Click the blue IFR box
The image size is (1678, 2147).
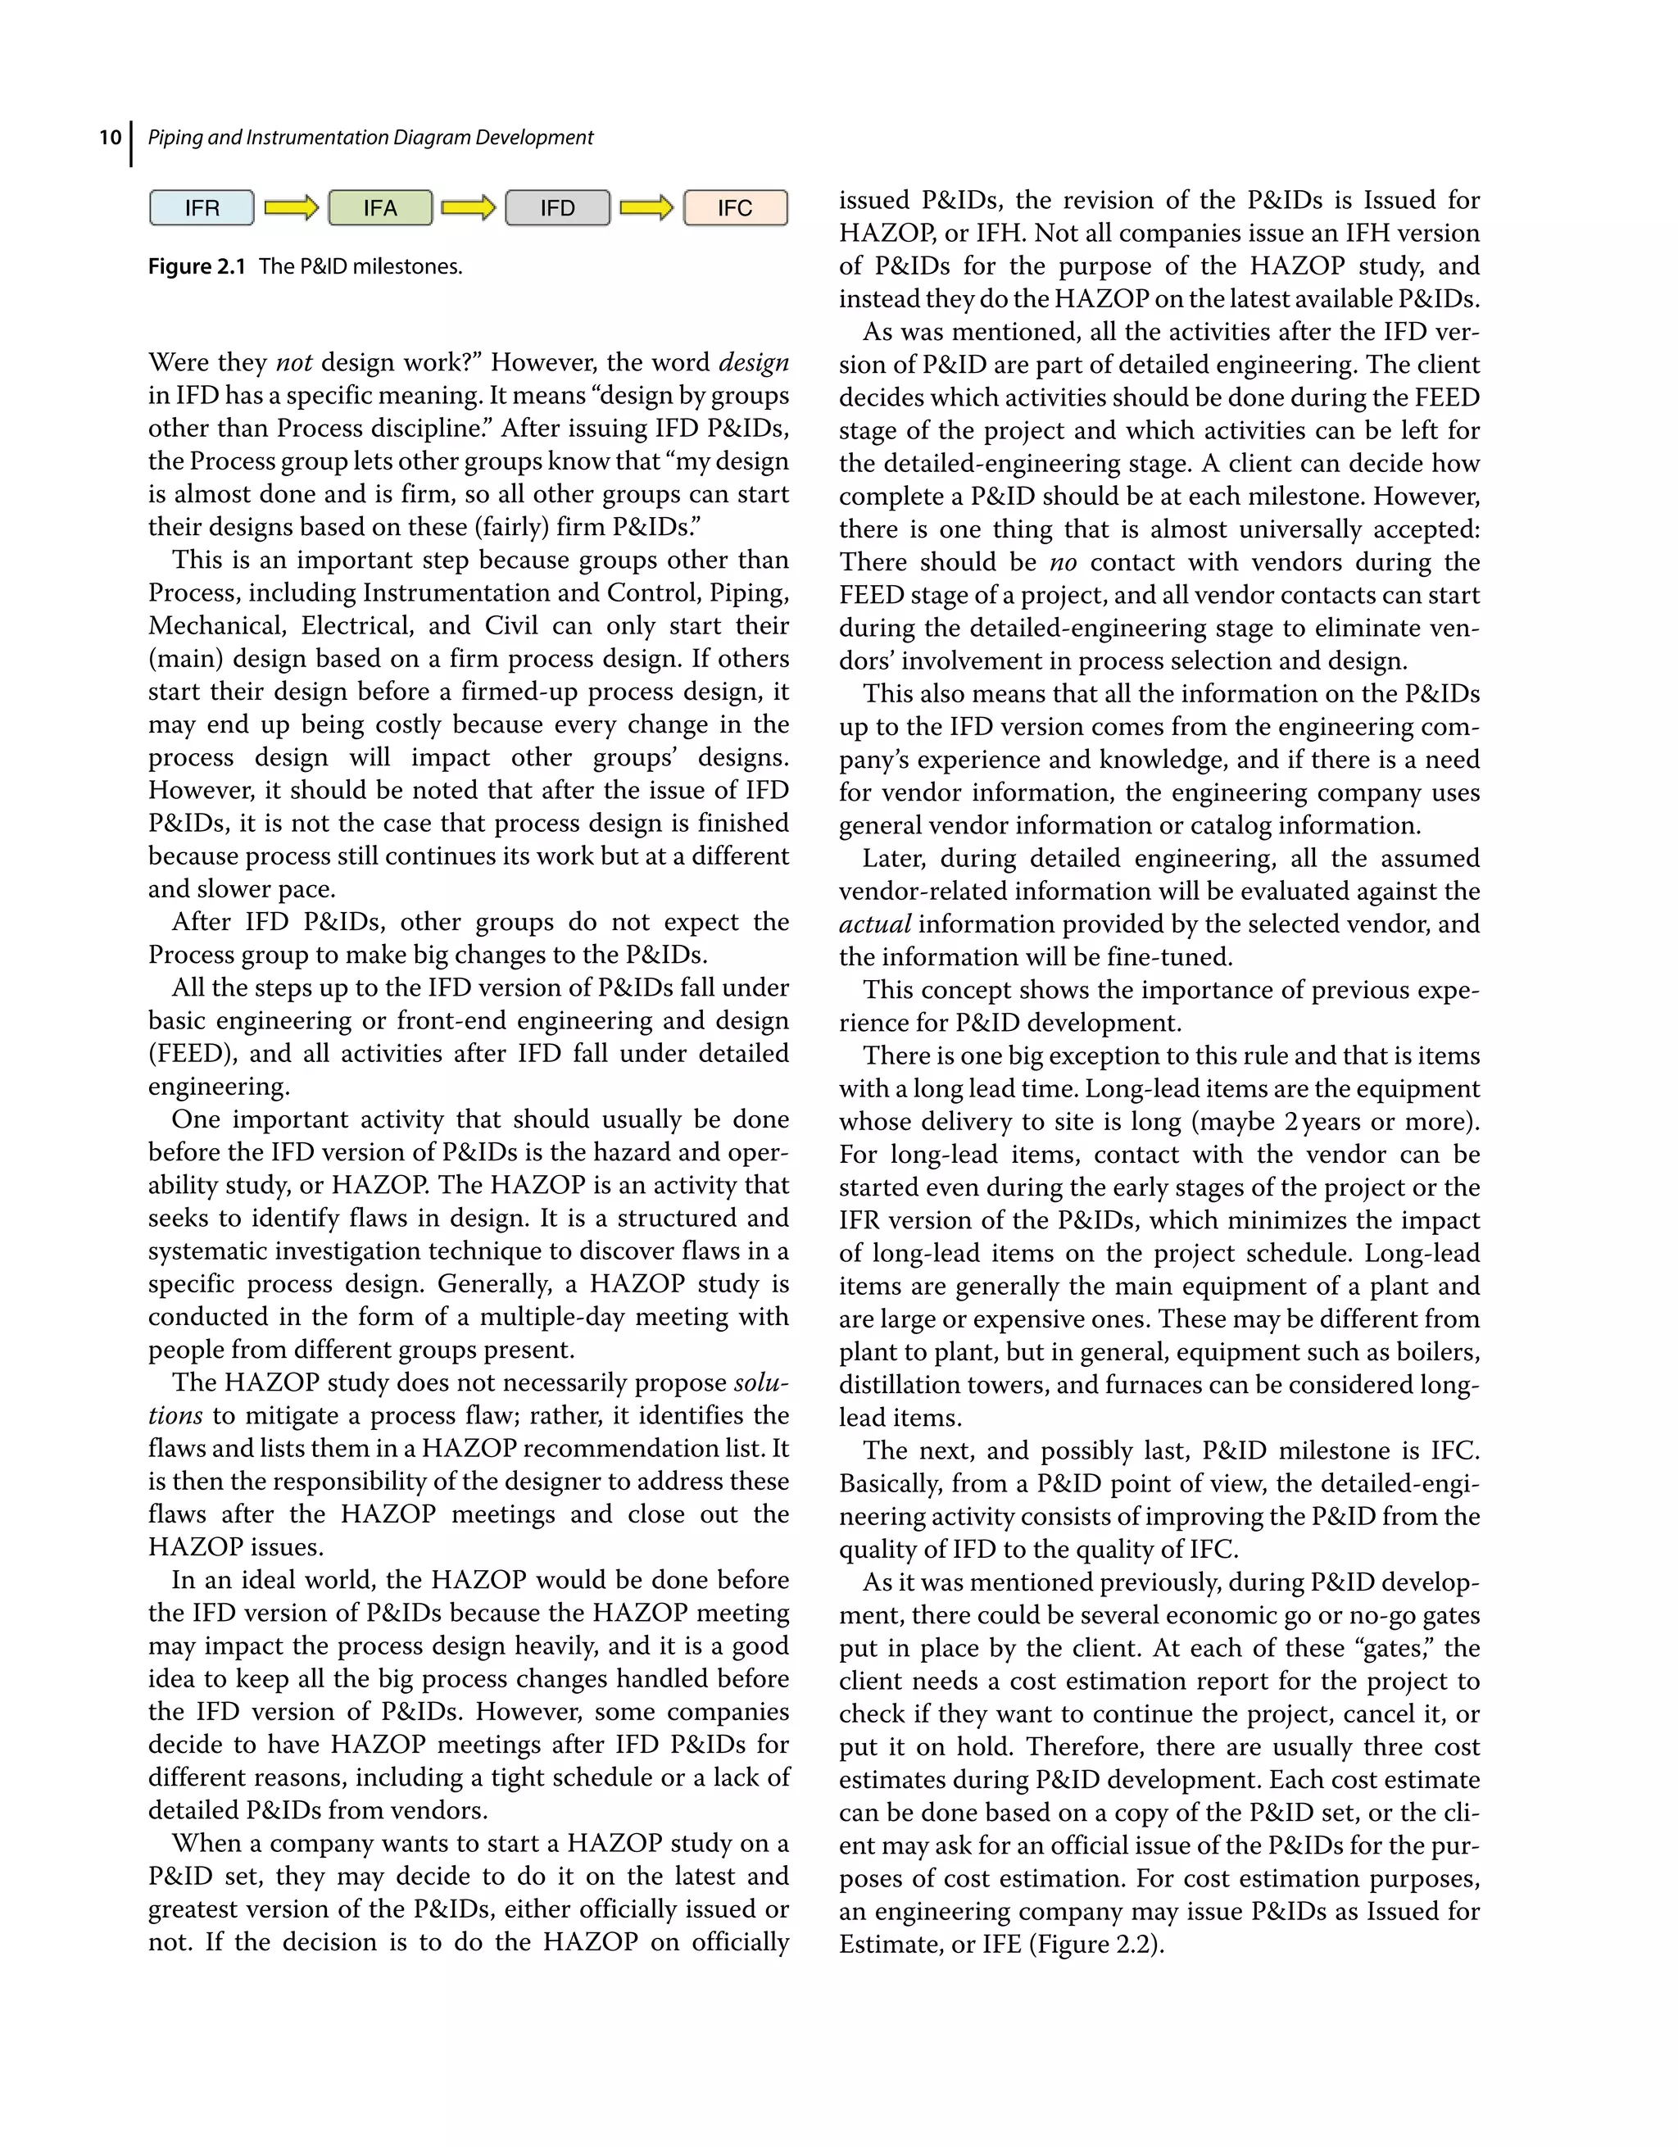click(x=202, y=208)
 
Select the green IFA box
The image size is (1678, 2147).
click(x=379, y=208)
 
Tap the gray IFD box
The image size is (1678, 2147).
click(x=557, y=208)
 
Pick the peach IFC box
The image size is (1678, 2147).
click(x=735, y=208)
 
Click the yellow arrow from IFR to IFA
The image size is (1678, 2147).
click(x=291, y=207)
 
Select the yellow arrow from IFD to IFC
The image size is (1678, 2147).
click(x=646, y=207)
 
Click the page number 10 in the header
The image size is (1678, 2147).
click(x=110, y=138)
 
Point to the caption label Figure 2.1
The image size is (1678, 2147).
click(x=197, y=266)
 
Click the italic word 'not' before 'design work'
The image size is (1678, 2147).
click(x=294, y=363)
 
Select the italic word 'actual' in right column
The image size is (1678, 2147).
click(x=874, y=924)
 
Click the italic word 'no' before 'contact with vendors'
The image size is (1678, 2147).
click(x=1063, y=562)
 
